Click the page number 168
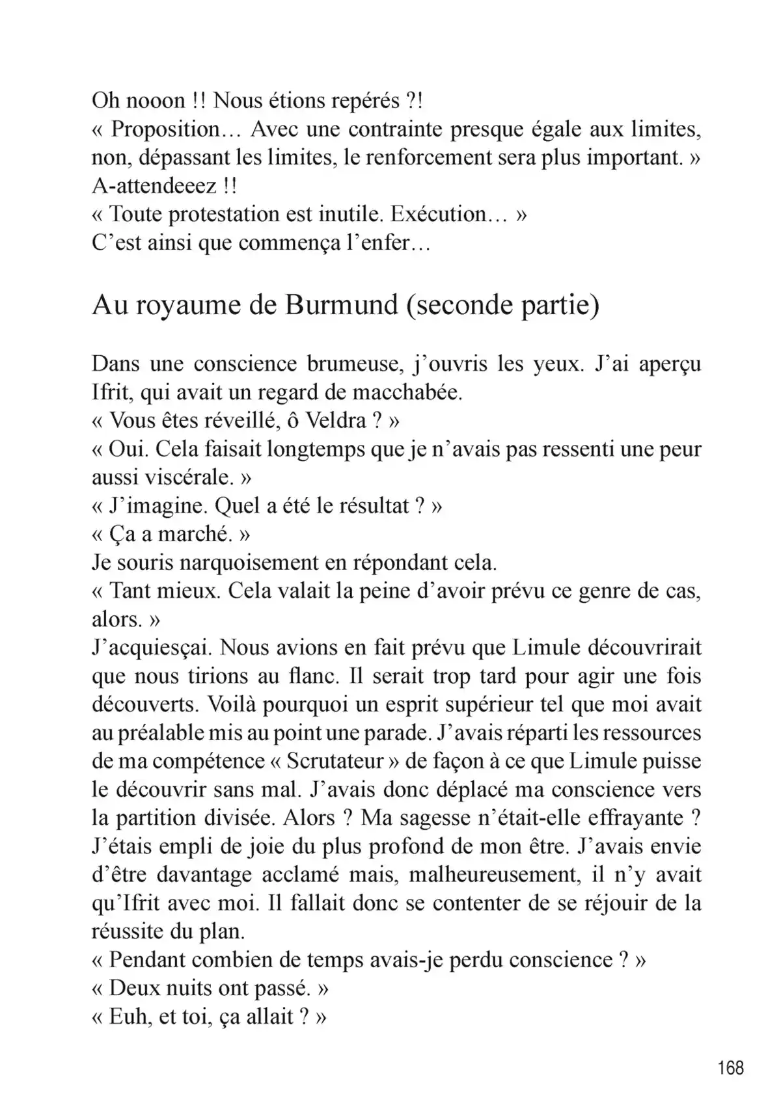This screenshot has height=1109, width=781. [731, 1068]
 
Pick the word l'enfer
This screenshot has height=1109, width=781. [389, 243]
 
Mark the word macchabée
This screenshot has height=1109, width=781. [407, 392]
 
